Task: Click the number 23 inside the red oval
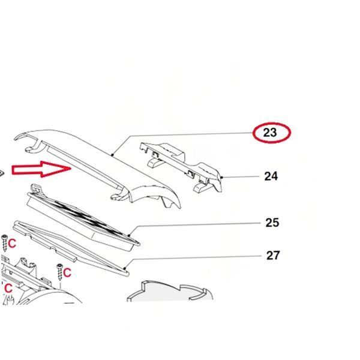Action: tap(270, 133)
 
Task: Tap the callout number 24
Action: tap(271, 176)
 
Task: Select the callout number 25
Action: tap(272, 223)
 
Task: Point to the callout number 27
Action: tap(273, 256)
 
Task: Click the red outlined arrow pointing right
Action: tap(41, 169)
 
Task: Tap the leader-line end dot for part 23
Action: tap(112, 155)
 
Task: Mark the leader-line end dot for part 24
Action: tap(221, 177)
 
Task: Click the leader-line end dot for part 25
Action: tap(129, 235)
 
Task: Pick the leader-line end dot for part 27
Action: tap(125, 268)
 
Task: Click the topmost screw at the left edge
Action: tap(4, 243)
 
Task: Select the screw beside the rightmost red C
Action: tap(60, 272)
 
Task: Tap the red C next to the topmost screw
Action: tap(12, 244)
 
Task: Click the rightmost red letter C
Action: tap(67, 273)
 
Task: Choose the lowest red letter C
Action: tap(8, 289)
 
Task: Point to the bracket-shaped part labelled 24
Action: tap(181, 167)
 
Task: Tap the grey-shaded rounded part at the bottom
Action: tap(170, 292)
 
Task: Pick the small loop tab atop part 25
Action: tap(36, 189)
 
